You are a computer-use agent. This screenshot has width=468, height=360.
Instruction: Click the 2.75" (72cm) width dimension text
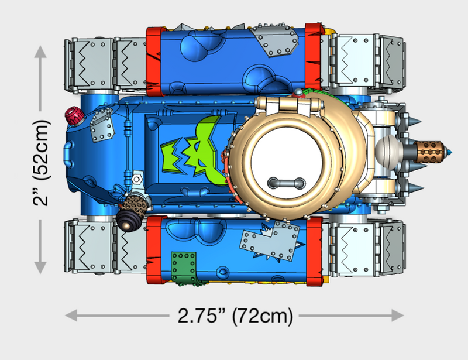pos(235,316)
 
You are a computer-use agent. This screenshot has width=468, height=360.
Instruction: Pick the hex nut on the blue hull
pos(137,176)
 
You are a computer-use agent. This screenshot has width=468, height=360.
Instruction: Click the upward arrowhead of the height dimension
pos(40,53)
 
